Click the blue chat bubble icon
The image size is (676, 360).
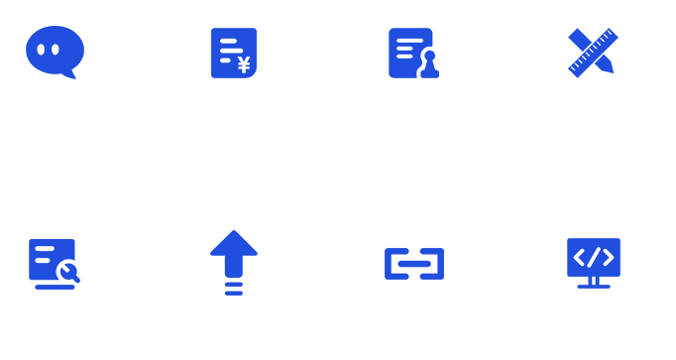click(x=56, y=51)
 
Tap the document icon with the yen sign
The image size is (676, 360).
click(x=234, y=53)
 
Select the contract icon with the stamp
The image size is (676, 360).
click(x=412, y=53)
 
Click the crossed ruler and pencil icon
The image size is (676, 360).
click(x=592, y=52)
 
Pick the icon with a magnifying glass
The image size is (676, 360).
click(x=55, y=263)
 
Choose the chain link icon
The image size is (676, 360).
click(x=414, y=263)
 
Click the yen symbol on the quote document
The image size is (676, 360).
click(x=243, y=65)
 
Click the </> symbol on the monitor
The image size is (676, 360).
click(x=593, y=257)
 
